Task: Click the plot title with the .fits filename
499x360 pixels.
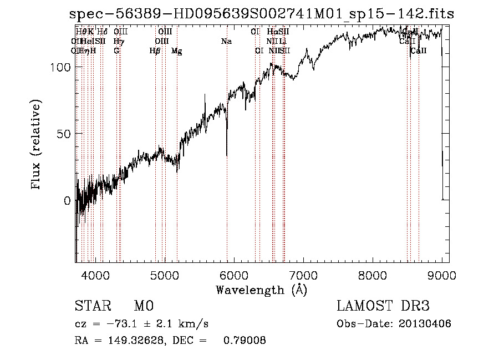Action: click(261, 14)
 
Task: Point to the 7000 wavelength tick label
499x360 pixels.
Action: click(303, 275)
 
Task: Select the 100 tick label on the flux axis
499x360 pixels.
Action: click(62, 67)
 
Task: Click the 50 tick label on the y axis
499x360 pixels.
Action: click(65, 134)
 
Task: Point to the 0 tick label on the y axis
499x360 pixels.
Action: click(68, 201)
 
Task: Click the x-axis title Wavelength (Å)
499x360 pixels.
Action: click(261, 290)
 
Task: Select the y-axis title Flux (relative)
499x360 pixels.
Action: click(37, 145)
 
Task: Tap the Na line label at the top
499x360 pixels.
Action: click(226, 42)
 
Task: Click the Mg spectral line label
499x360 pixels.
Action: click(176, 51)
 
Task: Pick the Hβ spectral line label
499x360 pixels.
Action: click(155, 51)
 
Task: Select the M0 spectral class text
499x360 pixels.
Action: click(144, 306)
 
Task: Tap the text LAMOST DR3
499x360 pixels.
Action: click(383, 306)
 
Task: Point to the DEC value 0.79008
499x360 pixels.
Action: click(245, 341)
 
